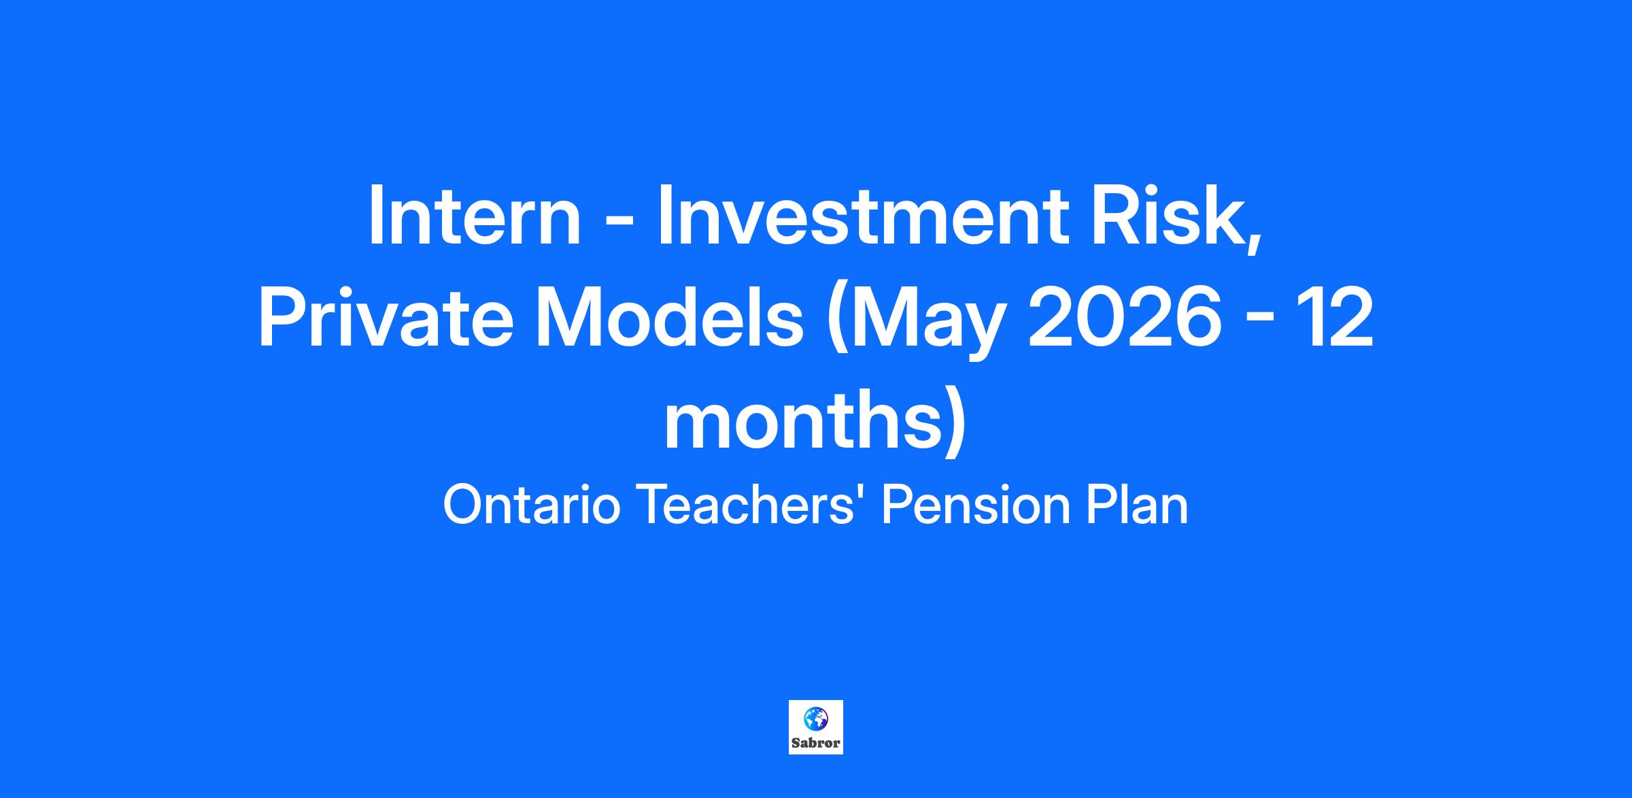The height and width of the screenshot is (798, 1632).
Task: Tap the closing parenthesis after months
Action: tap(953, 422)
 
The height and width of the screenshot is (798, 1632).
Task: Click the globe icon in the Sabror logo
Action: tap(815, 718)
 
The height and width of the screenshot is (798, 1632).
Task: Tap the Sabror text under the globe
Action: tap(815, 743)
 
